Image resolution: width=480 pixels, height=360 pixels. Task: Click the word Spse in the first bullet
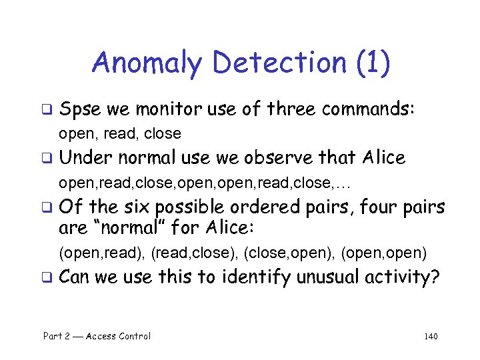[x=79, y=108]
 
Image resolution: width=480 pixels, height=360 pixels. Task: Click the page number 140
[x=430, y=336]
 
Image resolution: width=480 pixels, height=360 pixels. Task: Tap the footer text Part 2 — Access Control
[x=97, y=336]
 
